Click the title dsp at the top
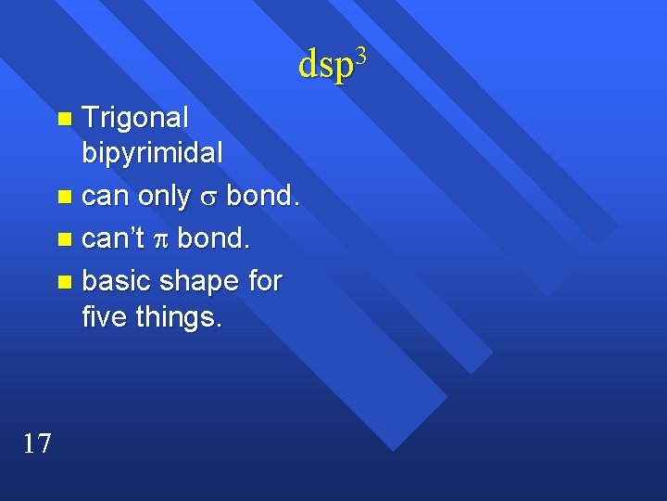(327, 65)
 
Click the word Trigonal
(135, 118)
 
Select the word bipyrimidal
(153, 154)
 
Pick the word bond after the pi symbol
(213, 238)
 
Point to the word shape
(199, 280)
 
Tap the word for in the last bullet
(265, 279)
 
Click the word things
(179, 317)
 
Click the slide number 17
(37, 443)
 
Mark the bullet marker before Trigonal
(63, 119)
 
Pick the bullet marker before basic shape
(63, 281)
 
